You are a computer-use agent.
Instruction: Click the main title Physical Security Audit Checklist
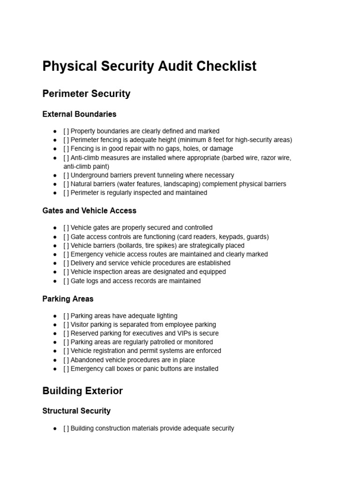(x=149, y=67)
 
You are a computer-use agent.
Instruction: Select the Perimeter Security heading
(x=86, y=94)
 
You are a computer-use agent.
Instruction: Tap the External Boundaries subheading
(x=79, y=114)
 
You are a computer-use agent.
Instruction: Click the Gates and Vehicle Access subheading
(x=89, y=211)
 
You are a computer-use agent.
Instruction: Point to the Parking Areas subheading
(x=67, y=299)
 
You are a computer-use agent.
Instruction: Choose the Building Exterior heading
(x=82, y=391)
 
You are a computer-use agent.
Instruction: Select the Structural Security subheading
(x=76, y=411)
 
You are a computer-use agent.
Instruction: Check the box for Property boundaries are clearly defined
(x=66, y=131)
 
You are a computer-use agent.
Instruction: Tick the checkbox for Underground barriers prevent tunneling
(x=66, y=175)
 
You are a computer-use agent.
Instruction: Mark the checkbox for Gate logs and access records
(x=66, y=281)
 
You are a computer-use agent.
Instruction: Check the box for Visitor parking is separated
(x=66, y=325)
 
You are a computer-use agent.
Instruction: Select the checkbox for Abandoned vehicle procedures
(x=66, y=360)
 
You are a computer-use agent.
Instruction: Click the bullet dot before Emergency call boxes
(x=55, y=369)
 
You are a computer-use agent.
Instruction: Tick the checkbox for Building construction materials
(x=66, y=428)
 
